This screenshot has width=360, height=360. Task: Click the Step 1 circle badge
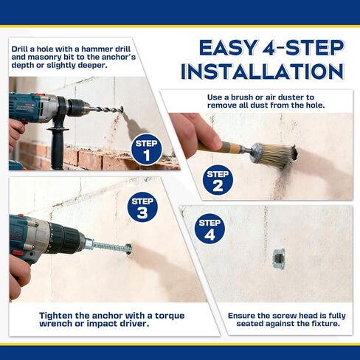[x=147, y=149]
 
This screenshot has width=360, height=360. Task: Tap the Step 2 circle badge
[x=218, y=180]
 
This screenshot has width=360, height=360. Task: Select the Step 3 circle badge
[x=142, y=207]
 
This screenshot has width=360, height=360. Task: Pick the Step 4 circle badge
[x=210, y=229]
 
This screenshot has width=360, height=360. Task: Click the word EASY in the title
[x=229, y=48]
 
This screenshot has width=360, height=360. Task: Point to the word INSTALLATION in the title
[x=262, y=72]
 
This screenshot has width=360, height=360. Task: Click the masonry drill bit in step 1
[x=106, y=109]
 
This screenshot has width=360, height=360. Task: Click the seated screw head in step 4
[x=279, y=258]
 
